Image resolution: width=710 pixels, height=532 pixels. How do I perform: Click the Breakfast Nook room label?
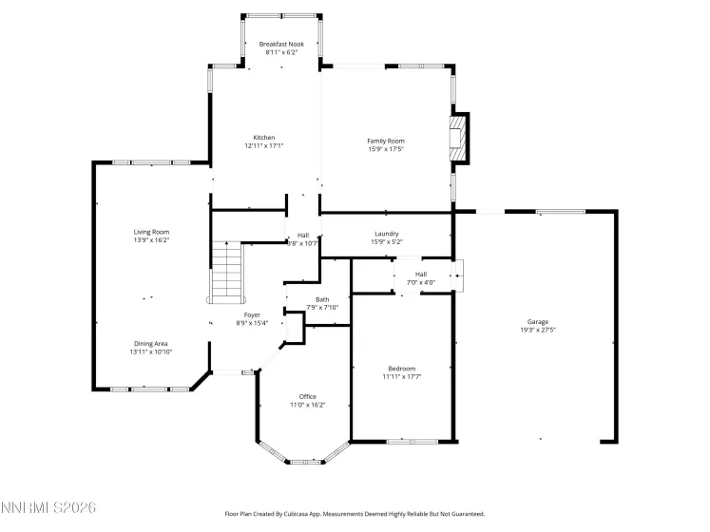[280, 44]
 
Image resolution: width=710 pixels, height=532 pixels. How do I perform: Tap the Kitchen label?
[263, 137]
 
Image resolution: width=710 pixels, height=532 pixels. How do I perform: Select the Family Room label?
[386, 141]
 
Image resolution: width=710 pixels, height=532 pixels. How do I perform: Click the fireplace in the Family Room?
[459, 137]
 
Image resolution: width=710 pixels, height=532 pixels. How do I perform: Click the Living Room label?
[151, 232]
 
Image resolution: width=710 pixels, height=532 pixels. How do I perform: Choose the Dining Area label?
[150, 343]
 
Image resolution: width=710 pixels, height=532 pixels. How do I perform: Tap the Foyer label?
[252, 314]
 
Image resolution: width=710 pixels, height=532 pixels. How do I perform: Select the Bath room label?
[322, 299]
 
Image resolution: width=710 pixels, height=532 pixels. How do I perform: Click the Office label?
[307, 396]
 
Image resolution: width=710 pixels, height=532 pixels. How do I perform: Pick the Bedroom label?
[401, 369]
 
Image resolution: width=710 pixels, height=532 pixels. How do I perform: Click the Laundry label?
[386, 233]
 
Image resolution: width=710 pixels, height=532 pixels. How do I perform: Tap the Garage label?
[537, 322]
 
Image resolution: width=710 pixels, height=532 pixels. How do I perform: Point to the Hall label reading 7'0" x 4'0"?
[420, 274]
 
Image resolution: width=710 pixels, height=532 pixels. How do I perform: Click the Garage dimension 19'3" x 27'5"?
[537, 331]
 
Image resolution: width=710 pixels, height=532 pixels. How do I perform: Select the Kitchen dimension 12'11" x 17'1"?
[263, 145]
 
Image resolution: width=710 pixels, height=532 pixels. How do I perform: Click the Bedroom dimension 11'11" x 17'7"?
[401, 377]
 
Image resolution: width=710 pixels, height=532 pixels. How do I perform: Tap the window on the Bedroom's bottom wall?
[412, 441]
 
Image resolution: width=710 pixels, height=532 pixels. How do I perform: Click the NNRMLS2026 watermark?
[49, 509]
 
